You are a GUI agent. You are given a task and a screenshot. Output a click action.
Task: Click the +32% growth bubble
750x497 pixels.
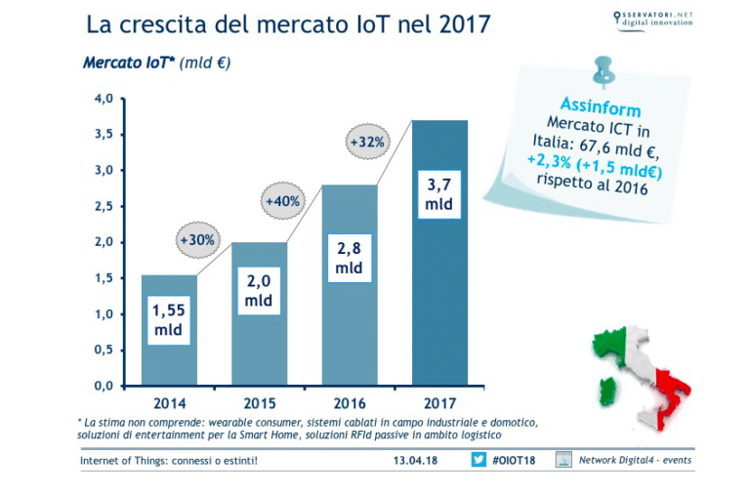[367, 141]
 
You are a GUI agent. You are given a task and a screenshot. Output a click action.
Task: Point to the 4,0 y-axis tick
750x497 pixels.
[104, 99]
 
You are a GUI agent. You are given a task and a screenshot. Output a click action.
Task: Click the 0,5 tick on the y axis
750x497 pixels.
[104, 350]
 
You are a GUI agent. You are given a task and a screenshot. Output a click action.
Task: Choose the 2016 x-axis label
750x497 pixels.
[349, 401]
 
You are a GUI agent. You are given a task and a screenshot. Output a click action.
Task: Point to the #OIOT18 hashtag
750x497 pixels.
[515, 460]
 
